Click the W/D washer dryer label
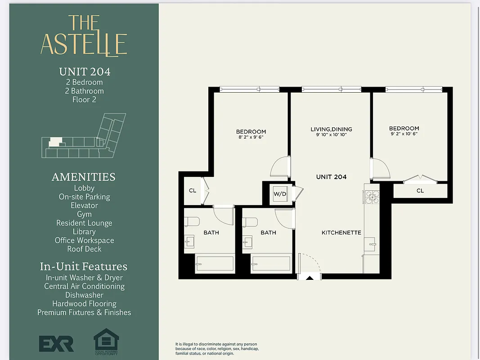pos(280,194)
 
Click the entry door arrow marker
pos(310,278)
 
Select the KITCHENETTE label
pos(341,233)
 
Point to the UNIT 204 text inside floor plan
pos(331,177)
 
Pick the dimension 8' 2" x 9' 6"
pos(251,137)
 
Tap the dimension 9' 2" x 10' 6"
pos(404,134)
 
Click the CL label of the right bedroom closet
pos(420,191)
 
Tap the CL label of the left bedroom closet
pos(193,191)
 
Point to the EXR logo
pos(56,343)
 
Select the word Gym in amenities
pos(84,214)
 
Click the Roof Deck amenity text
pos(84,249)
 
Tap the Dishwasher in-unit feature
pos(84,295)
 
